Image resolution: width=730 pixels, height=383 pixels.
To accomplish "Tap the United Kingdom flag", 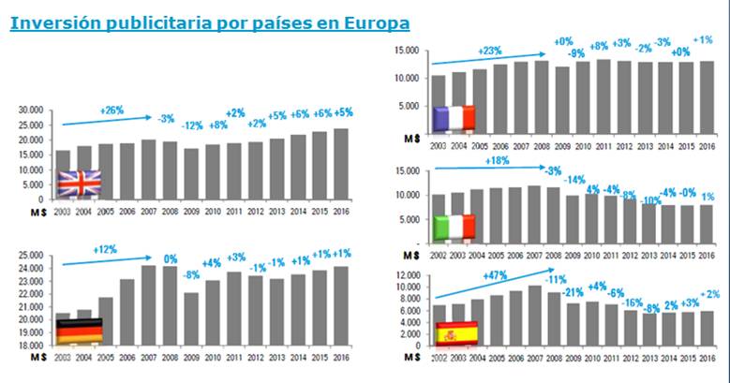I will pyautogui.click(x=79, y=183).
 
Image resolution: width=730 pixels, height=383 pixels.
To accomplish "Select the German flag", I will pyautogui.click(x=79, y=331).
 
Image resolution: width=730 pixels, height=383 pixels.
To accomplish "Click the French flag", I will pyautogui.click(x=454, y=118).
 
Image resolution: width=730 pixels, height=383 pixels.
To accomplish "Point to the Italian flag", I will pyautogui.click(x=454, y=227).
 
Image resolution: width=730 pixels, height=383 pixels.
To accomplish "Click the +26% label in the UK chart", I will pyautogui.click(x=112, y=110).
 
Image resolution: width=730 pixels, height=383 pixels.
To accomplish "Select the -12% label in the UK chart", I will pyautogui.click(x=191, y=125).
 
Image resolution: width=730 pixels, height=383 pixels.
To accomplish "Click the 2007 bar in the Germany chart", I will pyautogui.click(x=148, y=305).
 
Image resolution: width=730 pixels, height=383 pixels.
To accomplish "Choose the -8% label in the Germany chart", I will pyautogui.click(x=191, y=275).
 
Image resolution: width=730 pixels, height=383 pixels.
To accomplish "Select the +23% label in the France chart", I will pyautogui.click(x=490, y=50).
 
